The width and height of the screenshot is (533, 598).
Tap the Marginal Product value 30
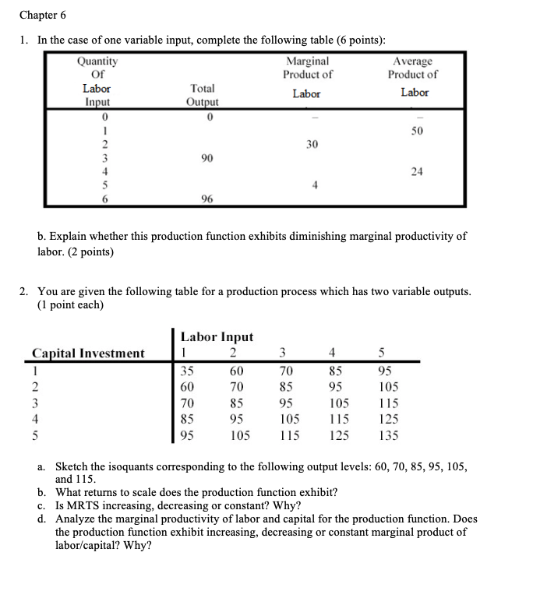[311, 144]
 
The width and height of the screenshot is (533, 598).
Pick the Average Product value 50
[417, 130]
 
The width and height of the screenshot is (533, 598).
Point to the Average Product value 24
[417, 171]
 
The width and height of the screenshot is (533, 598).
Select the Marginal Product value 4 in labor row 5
[311, 185]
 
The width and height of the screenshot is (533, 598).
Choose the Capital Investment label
[88, 354]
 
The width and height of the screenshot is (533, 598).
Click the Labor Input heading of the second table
[217, 336]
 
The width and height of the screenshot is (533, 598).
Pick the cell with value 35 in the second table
[188, 371]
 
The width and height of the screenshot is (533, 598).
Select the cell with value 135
[388, 436]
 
